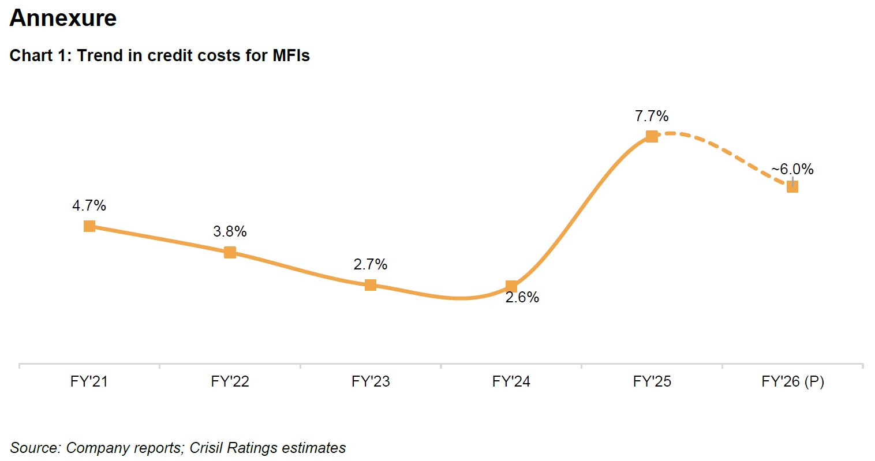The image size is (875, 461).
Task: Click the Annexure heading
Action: pyautogui.click(x=63, y=18)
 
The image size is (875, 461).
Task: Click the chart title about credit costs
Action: pyautogui.click(x=160, y=55)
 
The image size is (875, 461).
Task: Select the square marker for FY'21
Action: pyautogui.click(x=89, y=226)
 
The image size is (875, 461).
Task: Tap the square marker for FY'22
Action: pyautogui.click(x=230, y=252)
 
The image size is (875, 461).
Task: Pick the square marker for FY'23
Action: pyautogui.click(x=371, y=285)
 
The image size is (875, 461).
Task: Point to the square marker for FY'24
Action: pyautogui.click(x=511, y=286)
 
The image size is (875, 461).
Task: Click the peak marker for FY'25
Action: pyautogui.click(x=652, y=136)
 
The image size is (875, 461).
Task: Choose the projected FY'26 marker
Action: pyautogui.click(x=792, y=186)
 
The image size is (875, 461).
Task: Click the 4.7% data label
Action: pyautogui.click(x=89, y=205)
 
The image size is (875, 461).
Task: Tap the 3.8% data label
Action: pyautogui.click(x=230, y=231)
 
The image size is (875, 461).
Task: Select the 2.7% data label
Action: pyautogui.click(x=371, y=264)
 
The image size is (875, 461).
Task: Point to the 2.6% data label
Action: pyautogui.click(x=522, y=297)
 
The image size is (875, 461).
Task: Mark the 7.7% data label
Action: pyautogui.click(x=652, y=116)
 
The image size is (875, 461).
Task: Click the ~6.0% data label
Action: pyautogui.click(x=792, y=169)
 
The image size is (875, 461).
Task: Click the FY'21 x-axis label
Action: pyautogui.click(x=89, y=381)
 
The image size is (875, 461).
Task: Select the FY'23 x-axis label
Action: pyautogui.click(x=371, y=381)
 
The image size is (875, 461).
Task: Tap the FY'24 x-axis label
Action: pyautogui.click(x=511, y=381)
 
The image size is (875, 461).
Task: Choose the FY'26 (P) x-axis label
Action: pyautogui.click(x=792, y=381)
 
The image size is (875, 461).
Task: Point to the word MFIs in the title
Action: pyautogui.click(x=291, y=55)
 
